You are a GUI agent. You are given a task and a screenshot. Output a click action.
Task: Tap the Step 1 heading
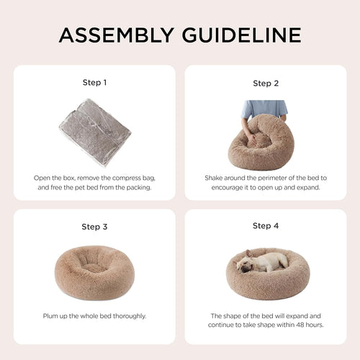(94, 82)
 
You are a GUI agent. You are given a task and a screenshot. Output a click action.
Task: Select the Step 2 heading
(266, 83)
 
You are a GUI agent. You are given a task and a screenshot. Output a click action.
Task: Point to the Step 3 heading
(94, 226)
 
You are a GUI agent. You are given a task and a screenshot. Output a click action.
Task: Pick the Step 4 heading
(266, 225)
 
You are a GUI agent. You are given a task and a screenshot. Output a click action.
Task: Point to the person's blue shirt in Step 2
(264, 107)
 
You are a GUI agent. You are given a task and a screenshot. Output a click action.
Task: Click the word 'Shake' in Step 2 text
(215, 176)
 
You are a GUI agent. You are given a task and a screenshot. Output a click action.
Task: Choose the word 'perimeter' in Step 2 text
(268, 176)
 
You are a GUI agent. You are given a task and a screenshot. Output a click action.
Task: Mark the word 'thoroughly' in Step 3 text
(132, 315)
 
